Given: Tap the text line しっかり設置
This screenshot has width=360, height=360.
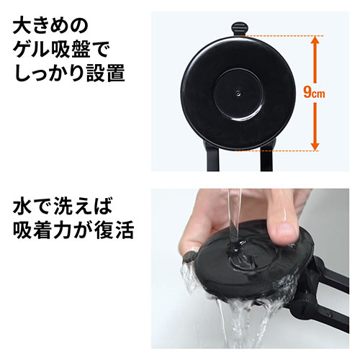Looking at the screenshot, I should [69, 75].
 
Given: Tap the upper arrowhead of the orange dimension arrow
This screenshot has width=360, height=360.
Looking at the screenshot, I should [314, 41].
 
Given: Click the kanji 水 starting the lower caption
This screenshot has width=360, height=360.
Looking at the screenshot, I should [23, 210].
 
